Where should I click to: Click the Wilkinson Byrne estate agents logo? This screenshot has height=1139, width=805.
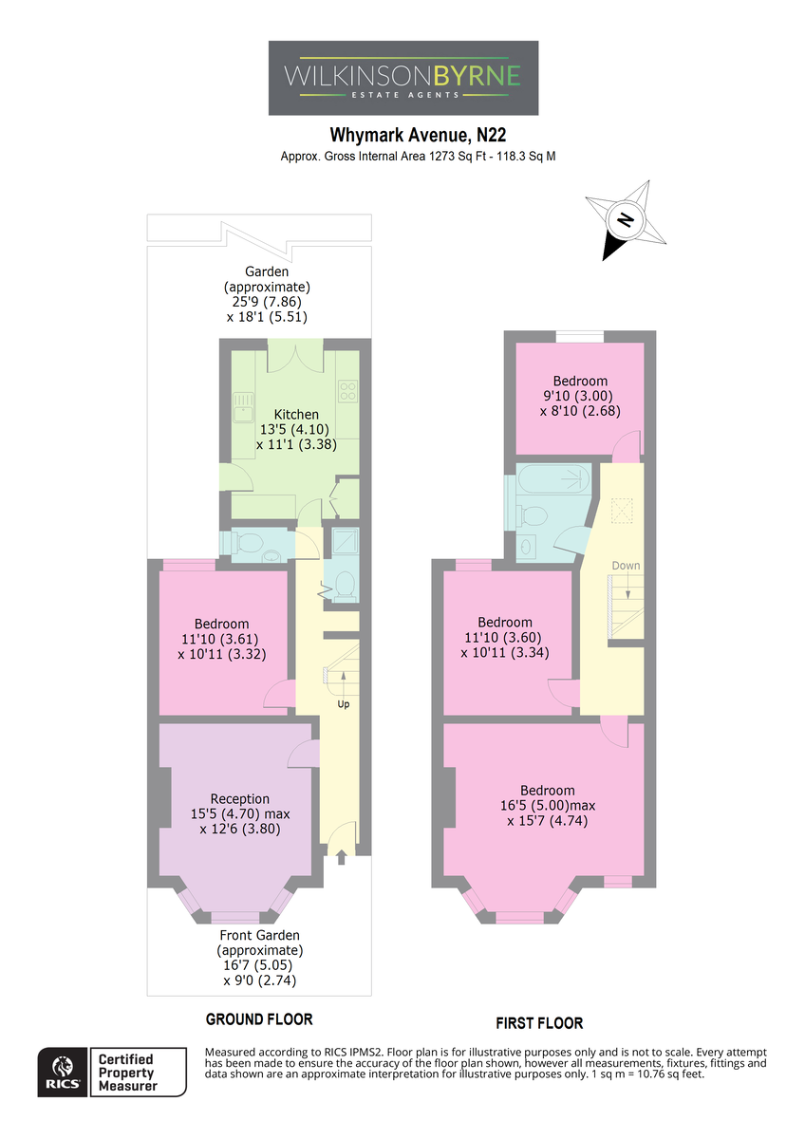click(403, 78)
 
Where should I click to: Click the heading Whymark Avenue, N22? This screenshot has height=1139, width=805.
click(418, 135)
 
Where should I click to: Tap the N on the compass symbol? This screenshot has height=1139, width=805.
click(625, 219)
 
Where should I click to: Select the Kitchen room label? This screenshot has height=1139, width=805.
click(296, 415)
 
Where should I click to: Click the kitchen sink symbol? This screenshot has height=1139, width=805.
click(244, 407)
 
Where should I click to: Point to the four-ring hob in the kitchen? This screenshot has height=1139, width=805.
click(348, 391)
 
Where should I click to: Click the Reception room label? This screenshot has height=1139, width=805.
click(239, 799)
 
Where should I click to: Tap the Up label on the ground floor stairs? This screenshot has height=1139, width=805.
click(344, 704)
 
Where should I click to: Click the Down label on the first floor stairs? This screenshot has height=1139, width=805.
click(626, 566)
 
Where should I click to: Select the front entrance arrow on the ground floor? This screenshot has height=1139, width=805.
click(341, 857)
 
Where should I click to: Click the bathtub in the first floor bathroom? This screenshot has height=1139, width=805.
click(553, 479)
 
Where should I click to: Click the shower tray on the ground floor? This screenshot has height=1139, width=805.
click(346, 540)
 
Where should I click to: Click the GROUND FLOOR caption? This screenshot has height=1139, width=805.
click(259, 1019)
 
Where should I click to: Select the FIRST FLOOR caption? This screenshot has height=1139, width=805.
click(539, 1023)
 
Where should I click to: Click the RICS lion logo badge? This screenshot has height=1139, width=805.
click(63, 1072)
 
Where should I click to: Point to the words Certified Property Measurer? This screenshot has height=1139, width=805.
click(127, 1073)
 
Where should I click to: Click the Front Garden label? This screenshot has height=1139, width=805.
click(259, 935)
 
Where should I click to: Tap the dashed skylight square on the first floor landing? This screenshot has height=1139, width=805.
click(622, 511)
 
